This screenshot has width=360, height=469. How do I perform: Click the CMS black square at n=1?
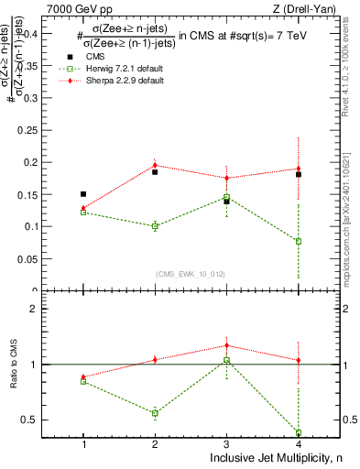[83, 194]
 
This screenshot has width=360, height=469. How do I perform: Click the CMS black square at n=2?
[155, 171]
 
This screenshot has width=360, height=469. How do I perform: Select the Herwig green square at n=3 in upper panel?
[226, 197]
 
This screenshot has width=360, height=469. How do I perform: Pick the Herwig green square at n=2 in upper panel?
[155, 225]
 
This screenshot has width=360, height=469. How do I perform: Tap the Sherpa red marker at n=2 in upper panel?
[155, 166]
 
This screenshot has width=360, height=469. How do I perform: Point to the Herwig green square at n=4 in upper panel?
[299, 241]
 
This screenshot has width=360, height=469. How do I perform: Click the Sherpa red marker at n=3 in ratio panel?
[226, 345]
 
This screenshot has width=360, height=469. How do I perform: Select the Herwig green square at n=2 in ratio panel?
[155, 413]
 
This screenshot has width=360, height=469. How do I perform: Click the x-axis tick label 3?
[226, 443]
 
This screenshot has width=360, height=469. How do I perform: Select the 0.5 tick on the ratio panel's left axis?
[44, 420]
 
